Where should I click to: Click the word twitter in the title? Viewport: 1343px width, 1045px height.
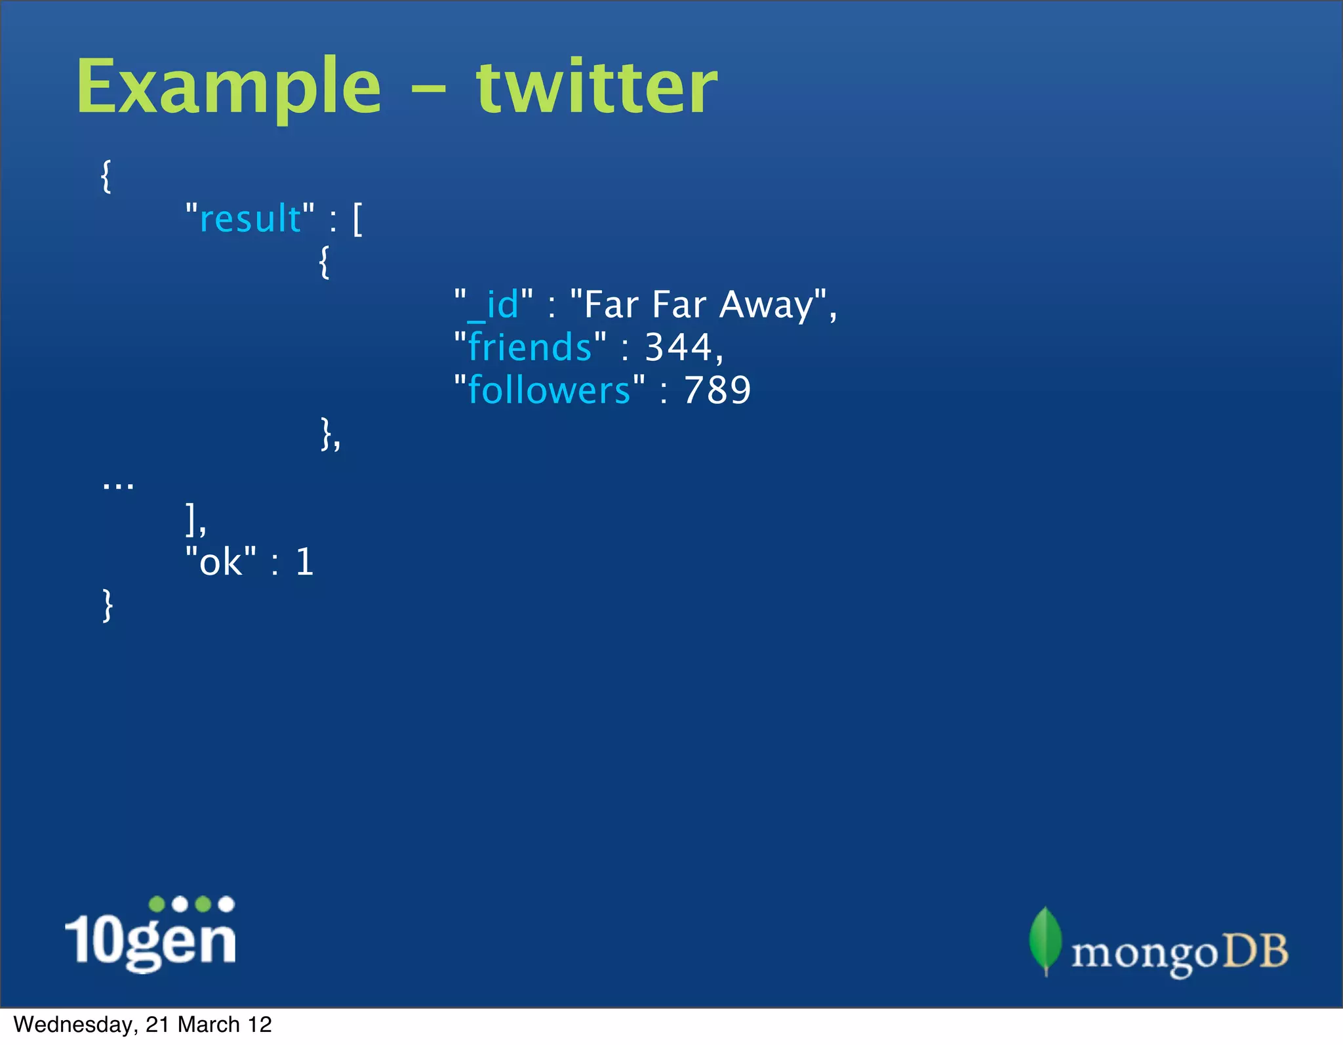(x=596, y=87)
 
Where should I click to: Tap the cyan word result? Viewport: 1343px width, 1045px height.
(x=250, y=219)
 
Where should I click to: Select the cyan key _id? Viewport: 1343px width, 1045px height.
(x=494, y=305)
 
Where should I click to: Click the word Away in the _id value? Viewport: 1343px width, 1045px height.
(x=766, y=305)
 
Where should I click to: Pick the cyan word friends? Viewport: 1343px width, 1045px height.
(x=530, y=347)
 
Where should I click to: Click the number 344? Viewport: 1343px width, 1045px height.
(x=678, y=347)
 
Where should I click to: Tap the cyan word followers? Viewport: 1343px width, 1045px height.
(x=549, y=390)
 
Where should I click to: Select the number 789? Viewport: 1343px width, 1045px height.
(x=717, y=390)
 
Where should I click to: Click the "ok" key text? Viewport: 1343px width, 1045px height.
(x=221, y=562)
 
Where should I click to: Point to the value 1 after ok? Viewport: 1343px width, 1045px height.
(x=305, y=562)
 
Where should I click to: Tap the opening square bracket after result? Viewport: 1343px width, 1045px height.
(x=357, y=219)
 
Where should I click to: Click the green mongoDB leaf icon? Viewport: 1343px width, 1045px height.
(x=1045, y=939)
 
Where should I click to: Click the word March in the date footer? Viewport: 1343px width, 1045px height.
(x=209, y=1025)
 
